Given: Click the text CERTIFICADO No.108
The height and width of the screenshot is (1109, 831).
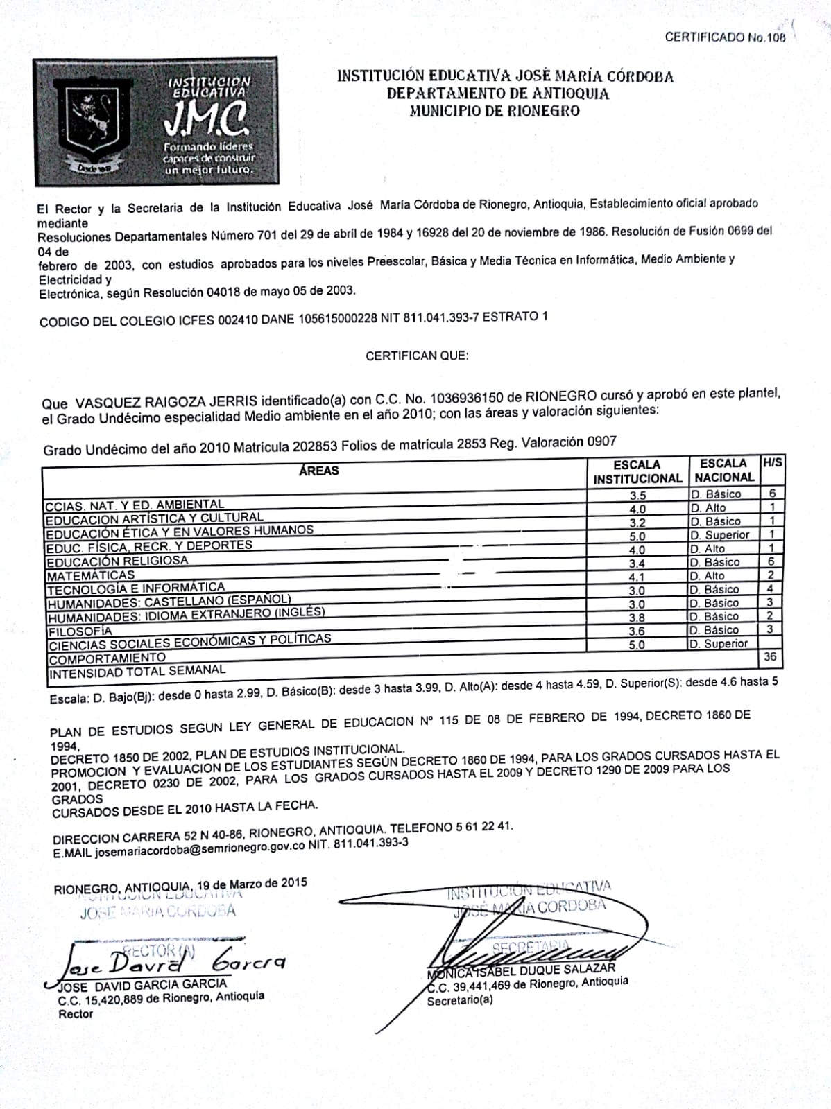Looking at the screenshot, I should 725,37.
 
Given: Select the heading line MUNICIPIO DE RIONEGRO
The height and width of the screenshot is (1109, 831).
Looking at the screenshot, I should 494,111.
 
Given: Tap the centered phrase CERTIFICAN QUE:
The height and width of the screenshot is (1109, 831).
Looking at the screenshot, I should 417,356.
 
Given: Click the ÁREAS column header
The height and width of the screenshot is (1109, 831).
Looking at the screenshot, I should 318,471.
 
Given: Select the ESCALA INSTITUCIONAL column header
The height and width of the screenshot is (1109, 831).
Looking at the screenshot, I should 637,471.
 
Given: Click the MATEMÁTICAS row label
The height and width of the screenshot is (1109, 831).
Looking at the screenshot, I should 90,575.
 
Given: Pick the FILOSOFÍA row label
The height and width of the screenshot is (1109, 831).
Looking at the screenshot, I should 80,631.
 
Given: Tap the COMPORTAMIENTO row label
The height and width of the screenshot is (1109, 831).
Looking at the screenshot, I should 107,658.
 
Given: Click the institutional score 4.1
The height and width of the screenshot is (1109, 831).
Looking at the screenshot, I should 637,577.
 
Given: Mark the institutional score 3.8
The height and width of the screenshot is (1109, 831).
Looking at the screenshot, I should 637,618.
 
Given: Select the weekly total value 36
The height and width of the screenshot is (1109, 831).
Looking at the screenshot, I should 769,656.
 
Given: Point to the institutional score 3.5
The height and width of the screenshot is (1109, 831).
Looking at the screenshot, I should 637,495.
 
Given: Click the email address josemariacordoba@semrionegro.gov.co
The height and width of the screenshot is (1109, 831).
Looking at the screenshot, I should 200,848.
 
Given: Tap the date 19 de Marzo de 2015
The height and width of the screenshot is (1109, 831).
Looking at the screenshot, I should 251,883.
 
